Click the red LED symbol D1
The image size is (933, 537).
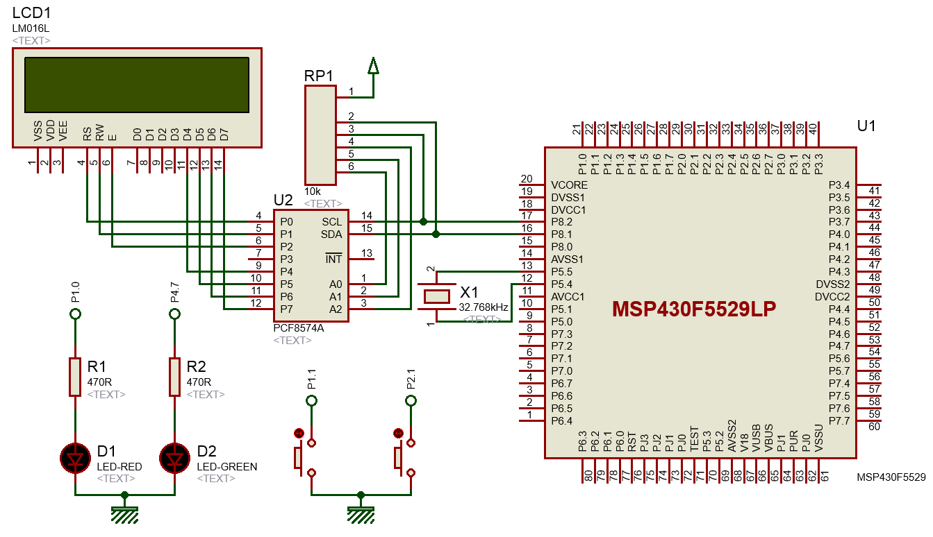[75, 458]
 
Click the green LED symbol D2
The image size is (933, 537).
[174, 458]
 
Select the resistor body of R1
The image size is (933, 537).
[75, 377]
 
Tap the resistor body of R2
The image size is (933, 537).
[174, 377]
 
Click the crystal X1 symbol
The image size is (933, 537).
[436, 296]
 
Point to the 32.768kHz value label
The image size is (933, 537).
[483, 307]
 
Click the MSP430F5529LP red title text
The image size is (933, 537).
[694, 309]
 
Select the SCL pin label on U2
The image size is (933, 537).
[331, 222]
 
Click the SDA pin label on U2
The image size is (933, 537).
[331, 235]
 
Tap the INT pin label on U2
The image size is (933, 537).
[333, 259]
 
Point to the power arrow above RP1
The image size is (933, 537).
[373, 66]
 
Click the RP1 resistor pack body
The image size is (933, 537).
[320, 135]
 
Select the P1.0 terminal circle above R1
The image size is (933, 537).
[75, 314]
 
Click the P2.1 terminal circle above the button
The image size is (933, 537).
[411, 400]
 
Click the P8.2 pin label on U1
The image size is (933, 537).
[561, 222]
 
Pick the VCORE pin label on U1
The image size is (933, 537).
[569, 185]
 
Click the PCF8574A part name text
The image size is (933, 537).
[299, 328]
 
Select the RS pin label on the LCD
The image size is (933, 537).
[87, 133]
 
